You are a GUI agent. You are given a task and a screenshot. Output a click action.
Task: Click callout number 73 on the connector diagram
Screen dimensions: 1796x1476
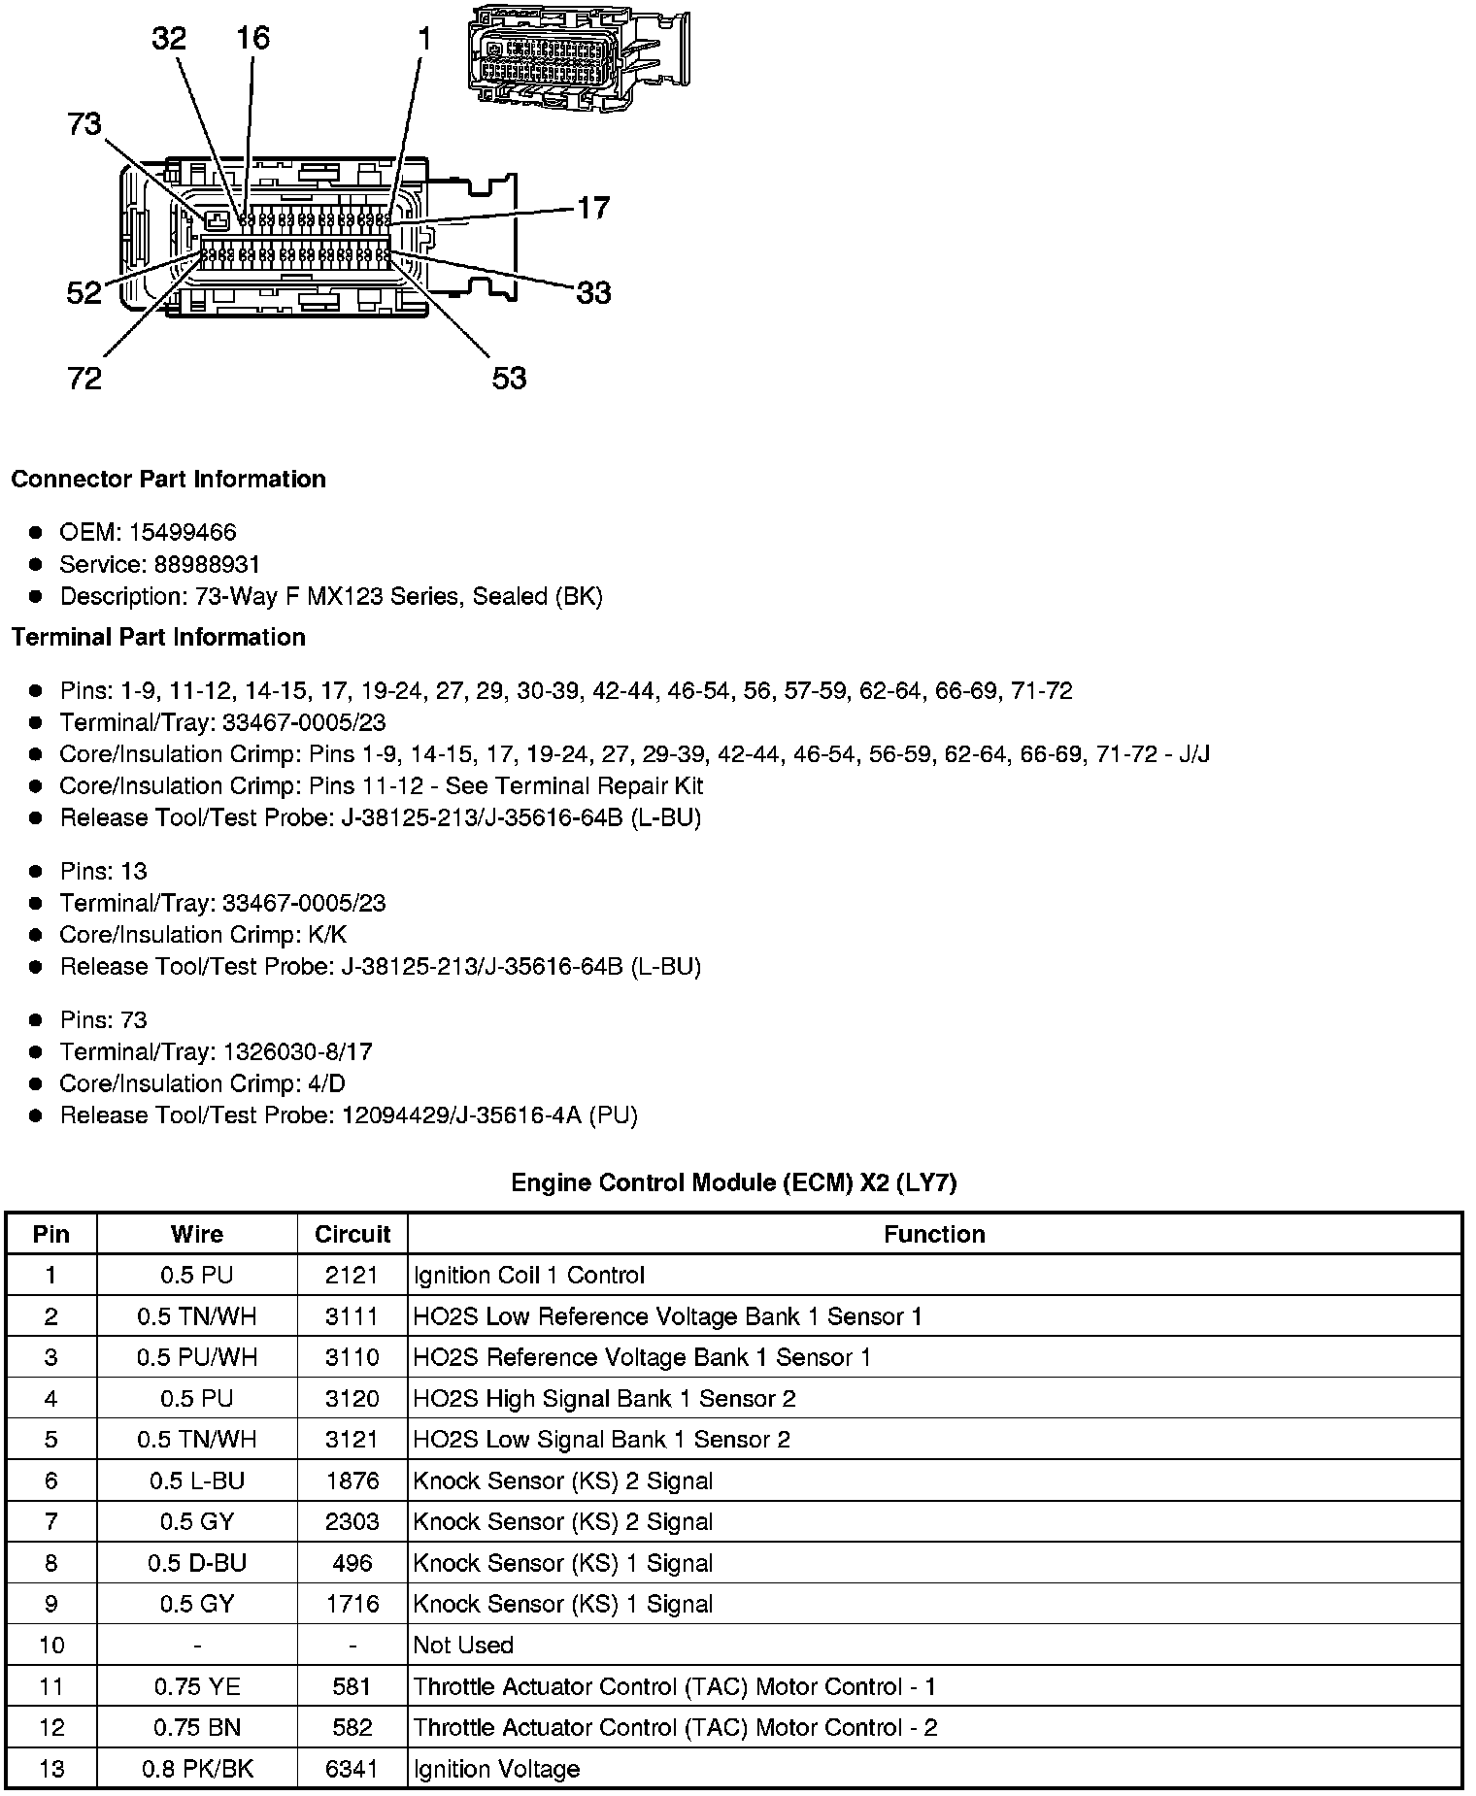(84, 124)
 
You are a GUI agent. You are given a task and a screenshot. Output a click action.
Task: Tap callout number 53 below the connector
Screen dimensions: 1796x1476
(509, 378)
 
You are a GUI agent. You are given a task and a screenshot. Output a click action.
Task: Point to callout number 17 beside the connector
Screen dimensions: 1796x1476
(592, 208)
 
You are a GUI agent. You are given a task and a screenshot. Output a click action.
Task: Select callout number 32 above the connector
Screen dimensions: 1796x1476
(168, 38)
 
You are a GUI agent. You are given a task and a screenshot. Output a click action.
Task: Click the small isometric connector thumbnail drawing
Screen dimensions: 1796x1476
(577, 56)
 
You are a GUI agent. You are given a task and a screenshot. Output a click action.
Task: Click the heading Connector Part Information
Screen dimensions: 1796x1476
(168, 479)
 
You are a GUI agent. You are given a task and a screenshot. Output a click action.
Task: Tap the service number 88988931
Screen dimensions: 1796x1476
(207, 564)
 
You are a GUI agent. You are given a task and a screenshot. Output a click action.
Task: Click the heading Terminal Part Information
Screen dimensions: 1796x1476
(158, 637)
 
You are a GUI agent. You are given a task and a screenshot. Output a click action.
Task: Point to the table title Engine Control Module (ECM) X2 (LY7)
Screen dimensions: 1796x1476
(733, 1182)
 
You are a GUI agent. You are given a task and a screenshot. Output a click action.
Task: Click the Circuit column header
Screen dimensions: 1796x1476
(352, 1234)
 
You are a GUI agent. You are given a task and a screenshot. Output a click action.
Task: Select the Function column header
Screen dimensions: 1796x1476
(934, 1234)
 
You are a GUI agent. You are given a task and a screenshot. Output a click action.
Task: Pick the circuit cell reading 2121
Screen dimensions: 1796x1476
(352, 1275)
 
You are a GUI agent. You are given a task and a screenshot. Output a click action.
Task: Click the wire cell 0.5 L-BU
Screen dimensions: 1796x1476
(197, 1480)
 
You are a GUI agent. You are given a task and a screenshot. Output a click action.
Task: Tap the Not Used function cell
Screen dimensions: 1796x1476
(463, 1645)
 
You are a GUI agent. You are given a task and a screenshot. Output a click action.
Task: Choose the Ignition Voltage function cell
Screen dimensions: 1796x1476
(496, 1769)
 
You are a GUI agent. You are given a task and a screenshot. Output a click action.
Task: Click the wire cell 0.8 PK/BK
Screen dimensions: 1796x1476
(197, 1769)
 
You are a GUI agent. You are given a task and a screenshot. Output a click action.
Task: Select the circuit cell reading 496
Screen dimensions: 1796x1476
(352, 1563)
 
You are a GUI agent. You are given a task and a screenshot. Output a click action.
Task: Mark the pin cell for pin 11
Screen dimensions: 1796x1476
(51, 1686)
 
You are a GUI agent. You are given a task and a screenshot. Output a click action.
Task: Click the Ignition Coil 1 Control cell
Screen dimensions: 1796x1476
(528, 1275)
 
